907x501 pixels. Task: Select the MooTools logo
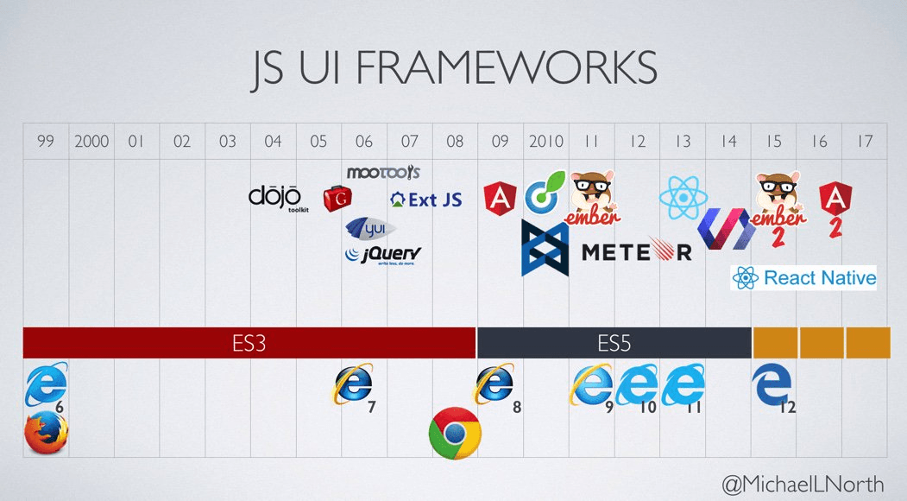coord(382,173)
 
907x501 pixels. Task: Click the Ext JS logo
coord(426,200)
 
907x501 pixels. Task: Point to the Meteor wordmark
coord(637,251)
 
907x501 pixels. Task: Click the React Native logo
coord(803,277)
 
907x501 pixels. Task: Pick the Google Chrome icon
coord(455,433)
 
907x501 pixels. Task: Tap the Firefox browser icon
coord(46,432)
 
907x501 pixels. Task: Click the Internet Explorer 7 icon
coord(354,384)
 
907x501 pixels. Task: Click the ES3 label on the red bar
coord(249,343)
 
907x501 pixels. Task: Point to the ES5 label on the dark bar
coord(614,343)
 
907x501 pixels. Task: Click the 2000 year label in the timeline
coord(91,141)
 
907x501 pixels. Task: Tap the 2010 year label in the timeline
coord(546,141)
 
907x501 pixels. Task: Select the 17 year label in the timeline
coord(865,141)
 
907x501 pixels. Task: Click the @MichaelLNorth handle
coord(804,482)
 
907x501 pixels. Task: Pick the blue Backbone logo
coord(545,248)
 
